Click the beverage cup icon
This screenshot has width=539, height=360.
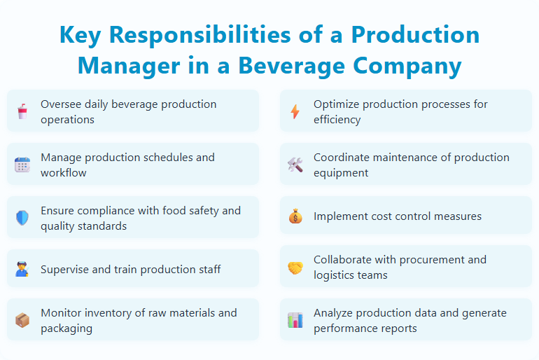pyautogui.click(x=22, y=111)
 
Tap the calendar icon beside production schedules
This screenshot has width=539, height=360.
pyautogui.click(x=22, y=165)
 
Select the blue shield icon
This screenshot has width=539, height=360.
pyautogui.click(x=22, y=218)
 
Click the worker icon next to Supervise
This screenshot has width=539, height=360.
pyautogui.click(x=22, y=269)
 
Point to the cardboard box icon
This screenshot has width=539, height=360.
pyautogui.click(x=22, y=320)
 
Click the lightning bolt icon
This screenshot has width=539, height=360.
pyautogui.click(x=295, y=111)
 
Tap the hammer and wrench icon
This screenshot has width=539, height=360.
pyautogui.click(x=295, y=165)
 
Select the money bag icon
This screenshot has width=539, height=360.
pyautogui.click(x=295, y=216)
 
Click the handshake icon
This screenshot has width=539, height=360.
pyautogui.click(x=295, y=268)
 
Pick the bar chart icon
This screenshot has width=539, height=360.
pyautogui.click(x=295, y=320)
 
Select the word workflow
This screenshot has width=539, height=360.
pyautogui.click(x=64, y=172)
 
